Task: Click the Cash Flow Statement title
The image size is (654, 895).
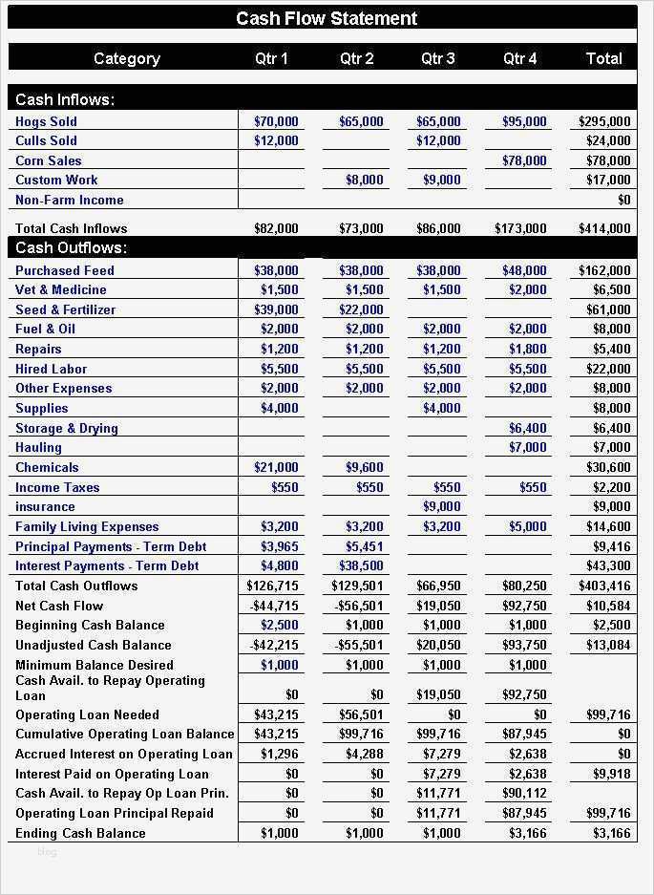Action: pos(327,18)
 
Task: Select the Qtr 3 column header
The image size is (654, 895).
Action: pos(438,58)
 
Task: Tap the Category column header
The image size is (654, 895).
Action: pos(126,58)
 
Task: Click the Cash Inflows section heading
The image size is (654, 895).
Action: pos(65,99)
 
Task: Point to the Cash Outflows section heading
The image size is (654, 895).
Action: pos(72,248)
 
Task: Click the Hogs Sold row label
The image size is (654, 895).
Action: pos(46,121)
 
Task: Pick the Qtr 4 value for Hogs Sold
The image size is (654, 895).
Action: pos(524,121)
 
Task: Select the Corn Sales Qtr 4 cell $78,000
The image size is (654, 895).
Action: pos(524,160)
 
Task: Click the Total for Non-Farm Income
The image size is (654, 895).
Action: pos(623,200)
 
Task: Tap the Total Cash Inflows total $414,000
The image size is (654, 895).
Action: pos(604,228)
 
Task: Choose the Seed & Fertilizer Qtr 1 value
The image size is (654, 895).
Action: pos(276,309)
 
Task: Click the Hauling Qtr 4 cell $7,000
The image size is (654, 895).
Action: pos(528,447)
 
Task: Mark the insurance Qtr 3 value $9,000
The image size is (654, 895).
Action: pos(441,506)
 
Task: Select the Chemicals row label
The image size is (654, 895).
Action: pos(47,467)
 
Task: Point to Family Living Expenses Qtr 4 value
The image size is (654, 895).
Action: pos(528,526)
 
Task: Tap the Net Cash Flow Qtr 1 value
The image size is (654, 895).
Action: pos(273,606)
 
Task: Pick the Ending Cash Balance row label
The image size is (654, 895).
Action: pos(80,833)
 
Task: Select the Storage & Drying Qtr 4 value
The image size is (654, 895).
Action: pos(528,428)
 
